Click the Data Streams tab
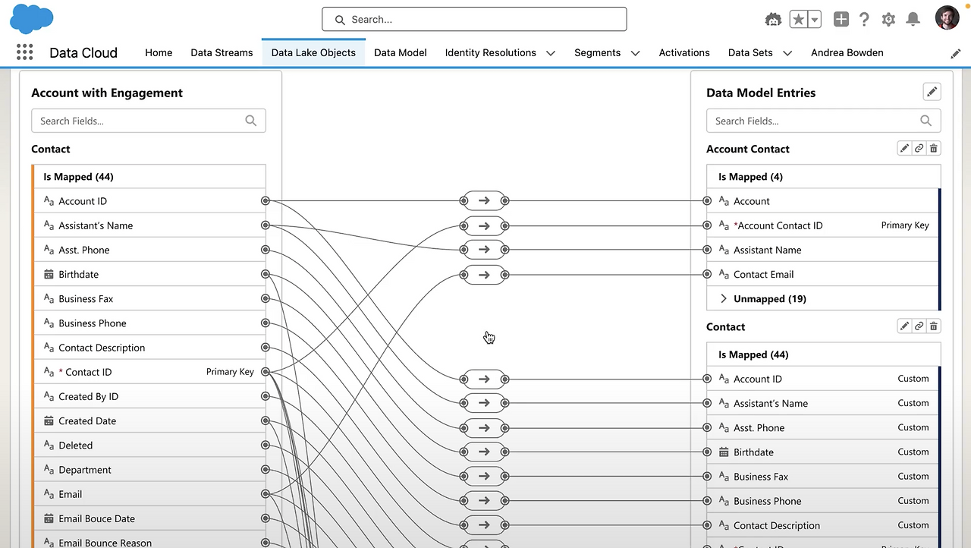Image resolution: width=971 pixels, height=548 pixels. pos(222,52)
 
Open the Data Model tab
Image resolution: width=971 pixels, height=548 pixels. pos(400,52)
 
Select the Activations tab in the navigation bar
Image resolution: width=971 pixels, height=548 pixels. pos(683,52)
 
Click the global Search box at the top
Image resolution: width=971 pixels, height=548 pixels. pos(474,20)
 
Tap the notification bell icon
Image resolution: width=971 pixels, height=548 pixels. pos(913,20)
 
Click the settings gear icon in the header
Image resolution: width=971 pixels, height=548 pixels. pos(888,20)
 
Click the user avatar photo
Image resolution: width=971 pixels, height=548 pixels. pos(947,19)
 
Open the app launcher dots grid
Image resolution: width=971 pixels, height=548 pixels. pos(24,52)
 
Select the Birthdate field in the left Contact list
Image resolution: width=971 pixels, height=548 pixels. pos(79,274)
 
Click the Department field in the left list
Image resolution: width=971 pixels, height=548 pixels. pos(85,470)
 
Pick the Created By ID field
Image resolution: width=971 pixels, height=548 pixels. pos(89,396)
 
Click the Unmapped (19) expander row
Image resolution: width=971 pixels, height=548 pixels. pos(769,298)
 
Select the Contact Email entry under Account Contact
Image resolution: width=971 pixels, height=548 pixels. pos(763,274)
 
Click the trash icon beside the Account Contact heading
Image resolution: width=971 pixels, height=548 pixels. pos(934,149)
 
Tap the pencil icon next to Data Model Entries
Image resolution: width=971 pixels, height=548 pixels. pos(932,92)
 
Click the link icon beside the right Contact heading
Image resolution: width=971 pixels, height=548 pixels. pos(919,326)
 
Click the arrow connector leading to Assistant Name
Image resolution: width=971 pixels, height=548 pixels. pos(484,250)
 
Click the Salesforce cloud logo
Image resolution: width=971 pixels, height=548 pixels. pos(32,19)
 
